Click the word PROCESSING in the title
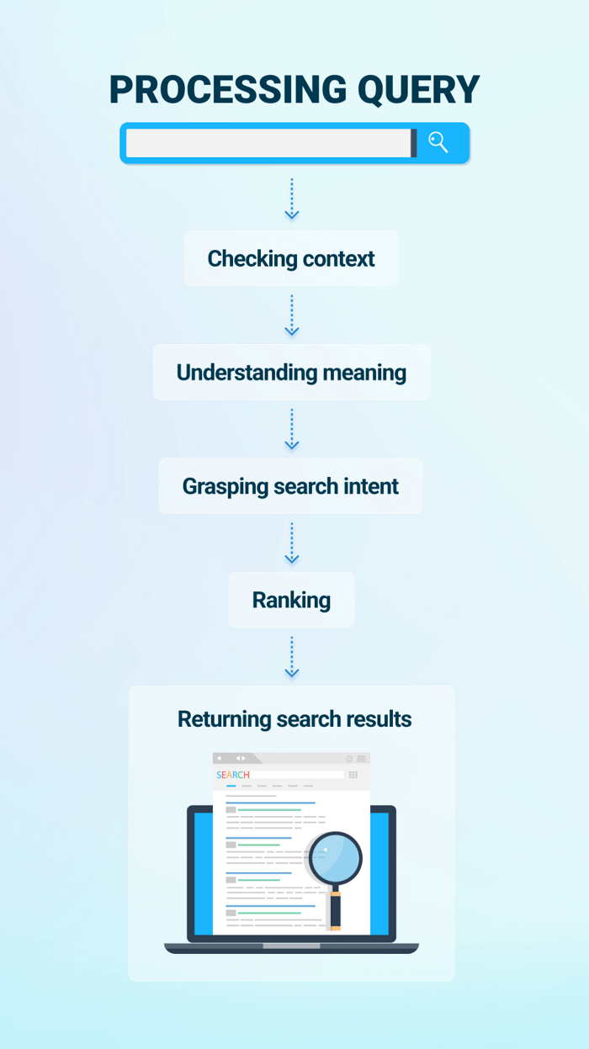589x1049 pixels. point(228,89)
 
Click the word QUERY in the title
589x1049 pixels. point(418,89)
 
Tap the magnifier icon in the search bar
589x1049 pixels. point(438,142)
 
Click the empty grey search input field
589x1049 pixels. point(268,143)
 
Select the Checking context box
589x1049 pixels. point(291,258)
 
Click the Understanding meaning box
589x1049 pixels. point(291,373)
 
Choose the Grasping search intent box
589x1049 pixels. point(290,486)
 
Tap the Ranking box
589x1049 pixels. point(291,600)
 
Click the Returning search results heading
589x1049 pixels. point(294,719)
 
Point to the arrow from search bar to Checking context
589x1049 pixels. point(291,199)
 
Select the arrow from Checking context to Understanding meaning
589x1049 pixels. point(291,315)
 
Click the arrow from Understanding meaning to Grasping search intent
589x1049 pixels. point(291,429)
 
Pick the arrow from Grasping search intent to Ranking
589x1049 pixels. point(291,543)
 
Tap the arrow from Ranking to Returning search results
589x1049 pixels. point(291,656)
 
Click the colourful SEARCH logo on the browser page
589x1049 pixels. point(233,775)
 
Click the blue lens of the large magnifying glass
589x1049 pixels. point(335,858)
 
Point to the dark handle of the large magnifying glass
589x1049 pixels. point(336,909)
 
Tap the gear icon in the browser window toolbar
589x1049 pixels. point(349,759)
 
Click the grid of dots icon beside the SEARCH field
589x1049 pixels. point(353,775)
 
